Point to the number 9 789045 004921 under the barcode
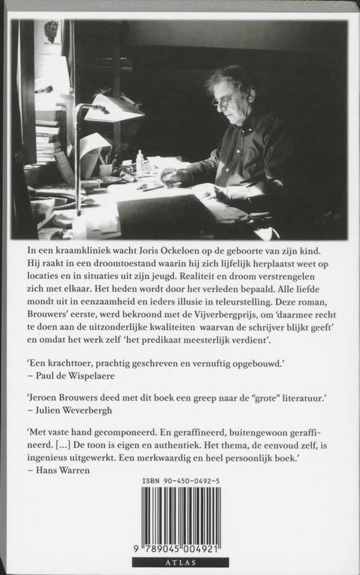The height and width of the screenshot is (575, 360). coord(180,549)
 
